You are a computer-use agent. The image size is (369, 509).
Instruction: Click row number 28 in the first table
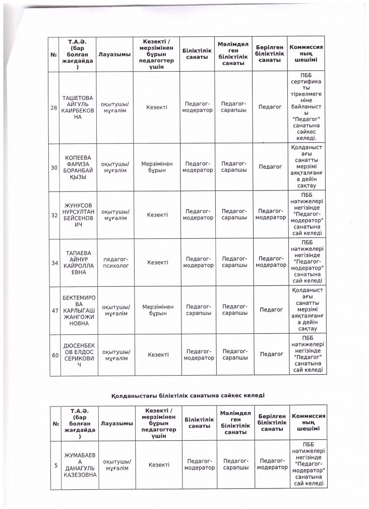(x=54, y=108)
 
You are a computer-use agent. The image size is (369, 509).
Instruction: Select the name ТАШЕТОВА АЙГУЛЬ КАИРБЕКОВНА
(x=78, y=108)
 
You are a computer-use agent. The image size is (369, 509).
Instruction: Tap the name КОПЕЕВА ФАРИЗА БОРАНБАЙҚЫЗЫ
(x=78, y=167)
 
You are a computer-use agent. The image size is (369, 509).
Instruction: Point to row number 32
(x=54, y=215)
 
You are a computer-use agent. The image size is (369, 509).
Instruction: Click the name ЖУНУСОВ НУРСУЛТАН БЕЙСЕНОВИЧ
(x=78, y=215)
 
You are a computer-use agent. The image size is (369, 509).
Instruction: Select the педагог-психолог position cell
(x=115, y=262)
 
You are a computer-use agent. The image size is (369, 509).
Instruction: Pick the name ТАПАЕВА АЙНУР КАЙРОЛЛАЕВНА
(x=78, y=262)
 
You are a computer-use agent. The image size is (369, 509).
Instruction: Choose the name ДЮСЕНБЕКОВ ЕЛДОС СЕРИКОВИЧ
(x=78, y=354)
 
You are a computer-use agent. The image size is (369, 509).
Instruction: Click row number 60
(x=54, y=354)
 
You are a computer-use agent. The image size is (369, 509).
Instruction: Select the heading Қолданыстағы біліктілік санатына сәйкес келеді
(x=188, y=394)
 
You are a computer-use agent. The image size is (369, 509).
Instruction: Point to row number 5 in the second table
(x=55, y=465)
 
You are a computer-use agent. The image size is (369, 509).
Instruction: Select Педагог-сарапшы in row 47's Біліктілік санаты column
(x=199, y=310)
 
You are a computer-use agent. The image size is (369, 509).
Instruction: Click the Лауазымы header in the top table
(x=115, y=54)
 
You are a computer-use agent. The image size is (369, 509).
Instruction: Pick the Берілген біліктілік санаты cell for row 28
(x=270, y=107)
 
